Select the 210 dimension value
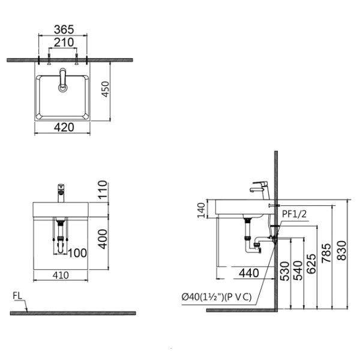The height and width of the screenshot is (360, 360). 63,43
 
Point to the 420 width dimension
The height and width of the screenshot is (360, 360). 64,127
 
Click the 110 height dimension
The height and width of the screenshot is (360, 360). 103,190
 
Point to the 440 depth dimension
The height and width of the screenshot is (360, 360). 248,273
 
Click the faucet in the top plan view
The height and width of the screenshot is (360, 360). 63,80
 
